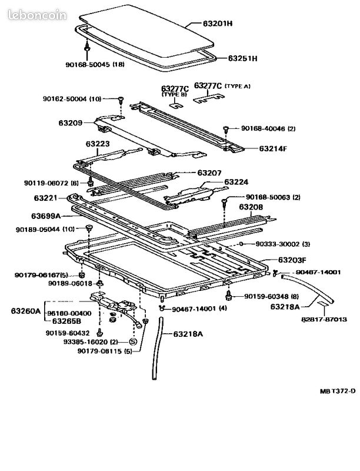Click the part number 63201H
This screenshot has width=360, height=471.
[218, 23]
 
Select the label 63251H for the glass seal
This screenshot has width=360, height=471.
[242, 58]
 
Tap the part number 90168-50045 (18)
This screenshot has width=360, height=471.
[95, 64]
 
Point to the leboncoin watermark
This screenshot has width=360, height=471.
[37, 15]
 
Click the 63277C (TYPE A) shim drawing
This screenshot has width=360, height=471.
[208, 99]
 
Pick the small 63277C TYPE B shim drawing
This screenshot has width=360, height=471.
[177, 105]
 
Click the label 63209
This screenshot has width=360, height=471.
[70, 122]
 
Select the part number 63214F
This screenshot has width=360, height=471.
[273, 148]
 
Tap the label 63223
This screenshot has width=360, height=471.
[98, 144]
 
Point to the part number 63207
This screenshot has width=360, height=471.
[209, 173]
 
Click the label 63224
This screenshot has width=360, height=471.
[236, 182]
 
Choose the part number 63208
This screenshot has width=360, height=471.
[251, 207]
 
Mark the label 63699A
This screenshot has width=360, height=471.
[46, 216]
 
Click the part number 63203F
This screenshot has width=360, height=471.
[292, 260]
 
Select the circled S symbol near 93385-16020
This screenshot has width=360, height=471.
[132, 341]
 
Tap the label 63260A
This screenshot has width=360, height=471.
[25, 311]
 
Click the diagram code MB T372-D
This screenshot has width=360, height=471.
[338, 391]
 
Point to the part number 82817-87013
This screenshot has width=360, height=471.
[324, 319]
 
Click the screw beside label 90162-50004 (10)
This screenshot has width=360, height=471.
[121, 99]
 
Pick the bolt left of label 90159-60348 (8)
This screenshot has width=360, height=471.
[229, 296]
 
